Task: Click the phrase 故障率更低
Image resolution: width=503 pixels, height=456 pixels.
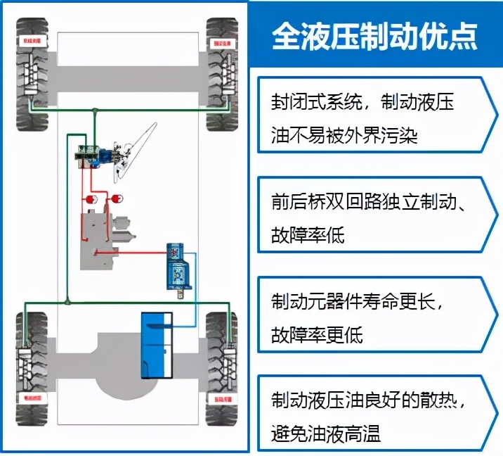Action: click(x=317, y=335)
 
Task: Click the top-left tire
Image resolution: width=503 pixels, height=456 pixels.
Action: click(x=31, y=74)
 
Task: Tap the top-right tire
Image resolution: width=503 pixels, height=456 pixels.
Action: click(x=222, y=74)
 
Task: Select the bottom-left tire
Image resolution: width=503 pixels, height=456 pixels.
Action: click(x=31, y=369)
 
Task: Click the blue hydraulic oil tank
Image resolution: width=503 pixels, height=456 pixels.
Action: click(x=157, y=345)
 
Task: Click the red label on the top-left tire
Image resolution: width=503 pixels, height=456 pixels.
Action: click(x=32, y=42)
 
